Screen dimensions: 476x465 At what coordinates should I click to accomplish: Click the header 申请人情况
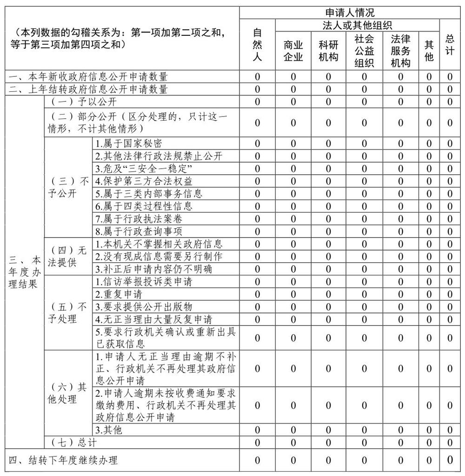pyautogui.click(x=350, y=13)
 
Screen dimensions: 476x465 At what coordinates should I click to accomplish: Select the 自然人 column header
pyautogui.click(x=257, y=45)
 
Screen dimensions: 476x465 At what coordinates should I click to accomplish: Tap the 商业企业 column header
pyautogui.click(x=293, y=51)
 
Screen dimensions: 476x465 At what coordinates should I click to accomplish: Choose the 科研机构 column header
pyautogui.click(x=328, y=51)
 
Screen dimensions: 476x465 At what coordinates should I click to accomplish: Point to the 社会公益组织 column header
pyautogui.click(x=364, y=51)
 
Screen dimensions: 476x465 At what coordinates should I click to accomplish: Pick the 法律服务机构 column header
pyautogui.click(x=400, y=51)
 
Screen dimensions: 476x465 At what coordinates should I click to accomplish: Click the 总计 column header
pyautogui.click(x=450, y=45)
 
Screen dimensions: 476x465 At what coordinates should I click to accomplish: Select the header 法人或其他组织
pyautogui.click(x=357, y=25)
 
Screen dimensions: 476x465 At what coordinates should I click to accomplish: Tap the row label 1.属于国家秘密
pyautogui.click(x=129, y=143)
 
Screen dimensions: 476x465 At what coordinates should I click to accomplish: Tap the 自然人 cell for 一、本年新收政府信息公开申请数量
pyautogui.click(x=257, y=77)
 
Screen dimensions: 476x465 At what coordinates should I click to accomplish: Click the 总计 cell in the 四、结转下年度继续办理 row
pyautogui.click(x=450, y=460)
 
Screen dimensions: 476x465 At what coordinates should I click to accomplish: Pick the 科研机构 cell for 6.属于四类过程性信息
pyautogui.click(x=328, y=206)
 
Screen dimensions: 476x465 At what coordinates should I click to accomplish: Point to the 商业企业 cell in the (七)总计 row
pyautogui.click(x=293, y=442)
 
